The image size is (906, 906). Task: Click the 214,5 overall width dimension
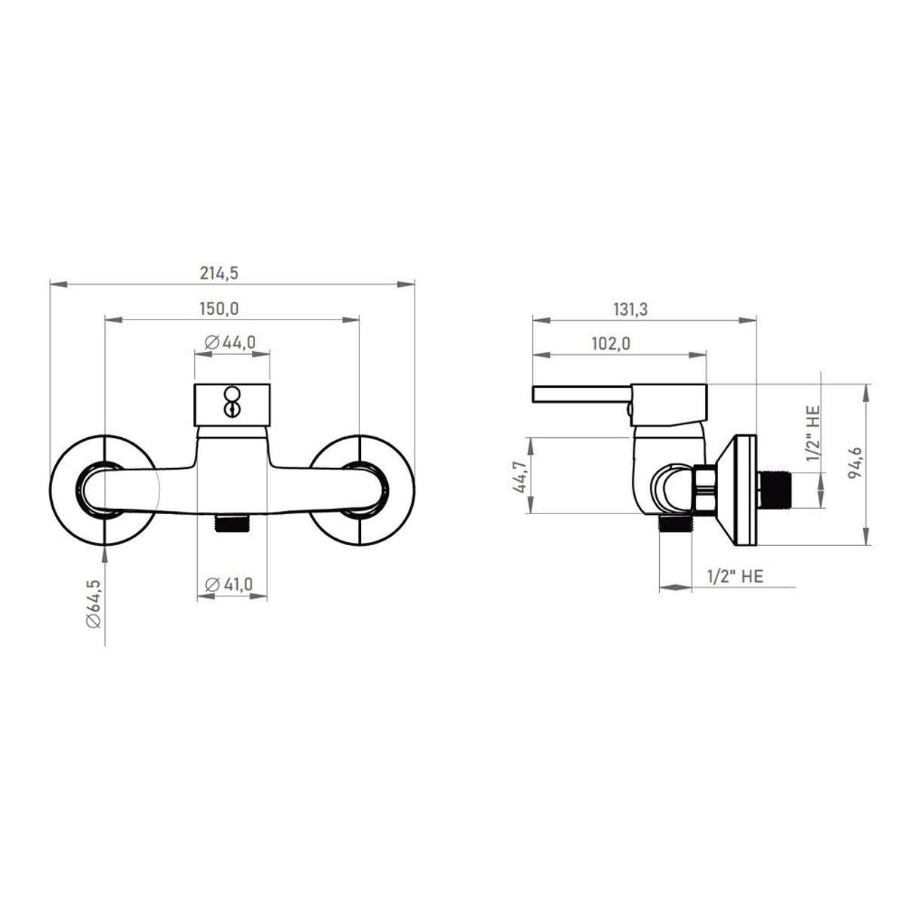click(219, 273)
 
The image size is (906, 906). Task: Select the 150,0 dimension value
click(219, 309)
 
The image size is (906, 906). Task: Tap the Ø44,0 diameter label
click(230, 342)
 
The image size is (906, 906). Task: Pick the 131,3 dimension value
click(630, 310)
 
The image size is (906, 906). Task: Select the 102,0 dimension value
click(611, 344)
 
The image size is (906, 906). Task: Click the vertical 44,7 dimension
click(519, 477)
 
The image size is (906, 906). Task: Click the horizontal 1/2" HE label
click(735, 576)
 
